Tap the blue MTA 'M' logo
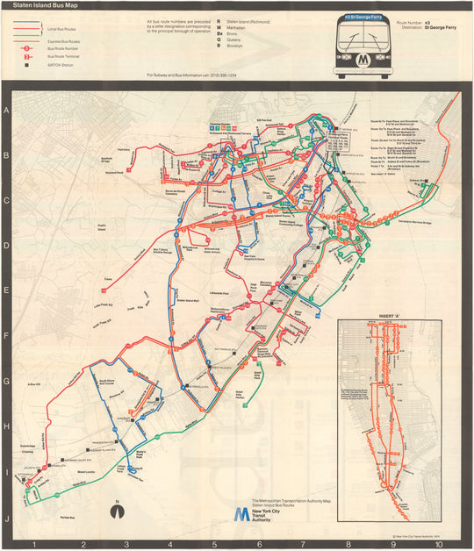tap(240, 514)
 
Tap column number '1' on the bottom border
tap(33, 544)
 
